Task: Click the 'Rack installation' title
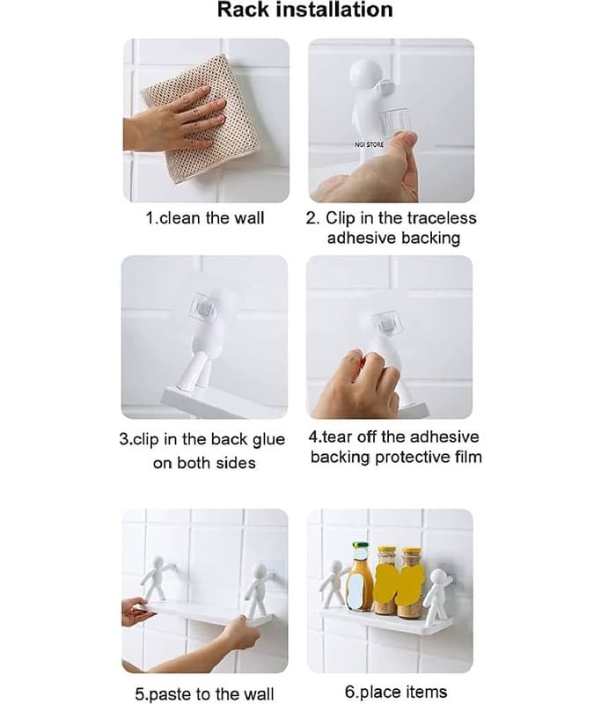point(304,10)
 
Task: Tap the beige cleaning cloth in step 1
point(202,119)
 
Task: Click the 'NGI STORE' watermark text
point(369,144)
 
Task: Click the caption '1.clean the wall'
point(205,218)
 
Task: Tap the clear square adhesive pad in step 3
point(205,307)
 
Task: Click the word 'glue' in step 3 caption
point(268,440)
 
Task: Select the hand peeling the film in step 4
point(358,384)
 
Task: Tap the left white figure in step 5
point(158,579)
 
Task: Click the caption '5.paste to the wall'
point(204,694)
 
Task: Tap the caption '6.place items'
point(396,692)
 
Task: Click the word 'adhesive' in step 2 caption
point(362,238)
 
